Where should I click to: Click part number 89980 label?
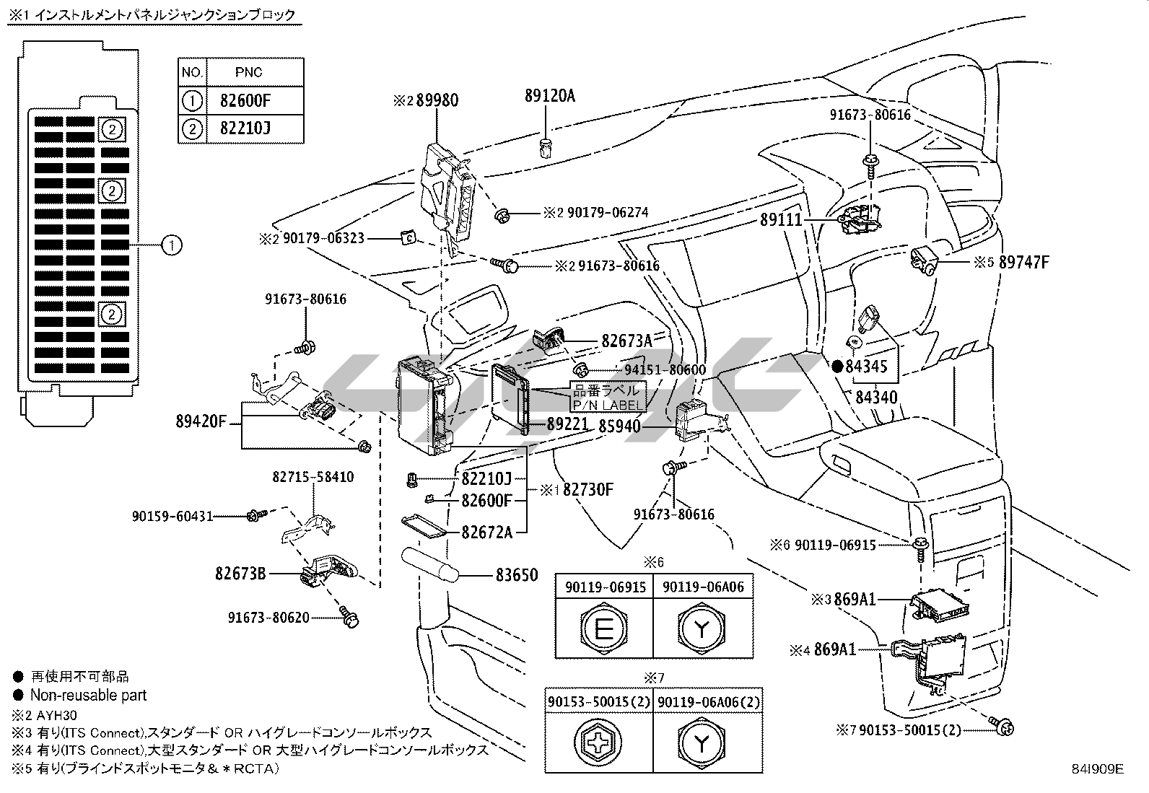(437, 100)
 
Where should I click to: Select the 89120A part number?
(550, 95)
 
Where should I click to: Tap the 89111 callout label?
(781, 220)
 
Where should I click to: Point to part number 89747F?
(1023, 262)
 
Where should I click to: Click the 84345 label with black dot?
(866, 367)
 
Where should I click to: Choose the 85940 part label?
(620, 426)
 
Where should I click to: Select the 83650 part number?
(517, 575)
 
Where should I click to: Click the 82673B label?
(240, 574)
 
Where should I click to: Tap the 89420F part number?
(201, 420)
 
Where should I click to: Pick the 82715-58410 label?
(313, 477)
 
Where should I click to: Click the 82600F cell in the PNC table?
(250, 100)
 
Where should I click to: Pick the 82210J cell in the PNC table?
(250, 129)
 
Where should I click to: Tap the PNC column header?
(249, 73)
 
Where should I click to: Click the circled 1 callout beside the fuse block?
(172, 245)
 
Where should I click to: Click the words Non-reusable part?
(88, 696)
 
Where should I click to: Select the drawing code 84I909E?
(1097, 768)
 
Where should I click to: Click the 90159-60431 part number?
(172, 516)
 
